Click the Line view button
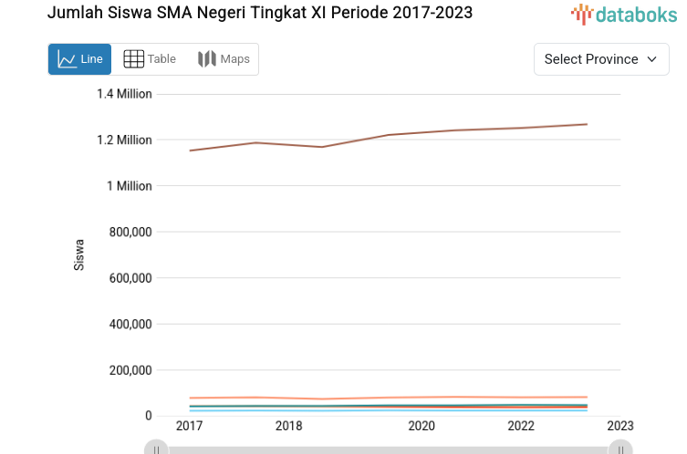[79, 59]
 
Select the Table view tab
[150, 59]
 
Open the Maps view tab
[224, 59]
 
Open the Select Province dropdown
[600, 59]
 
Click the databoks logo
[624, 14]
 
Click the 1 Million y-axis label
[130, 186]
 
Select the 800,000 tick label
[129, 232]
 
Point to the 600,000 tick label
[129, 278]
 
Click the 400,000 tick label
[129, 324]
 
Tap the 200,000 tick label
[129, 370]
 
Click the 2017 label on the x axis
[189, 426]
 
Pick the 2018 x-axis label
[288, 426]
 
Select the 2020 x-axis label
[421, 426]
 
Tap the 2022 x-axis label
[521, 426]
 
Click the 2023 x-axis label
[620, 426]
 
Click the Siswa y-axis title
[79, 254]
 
